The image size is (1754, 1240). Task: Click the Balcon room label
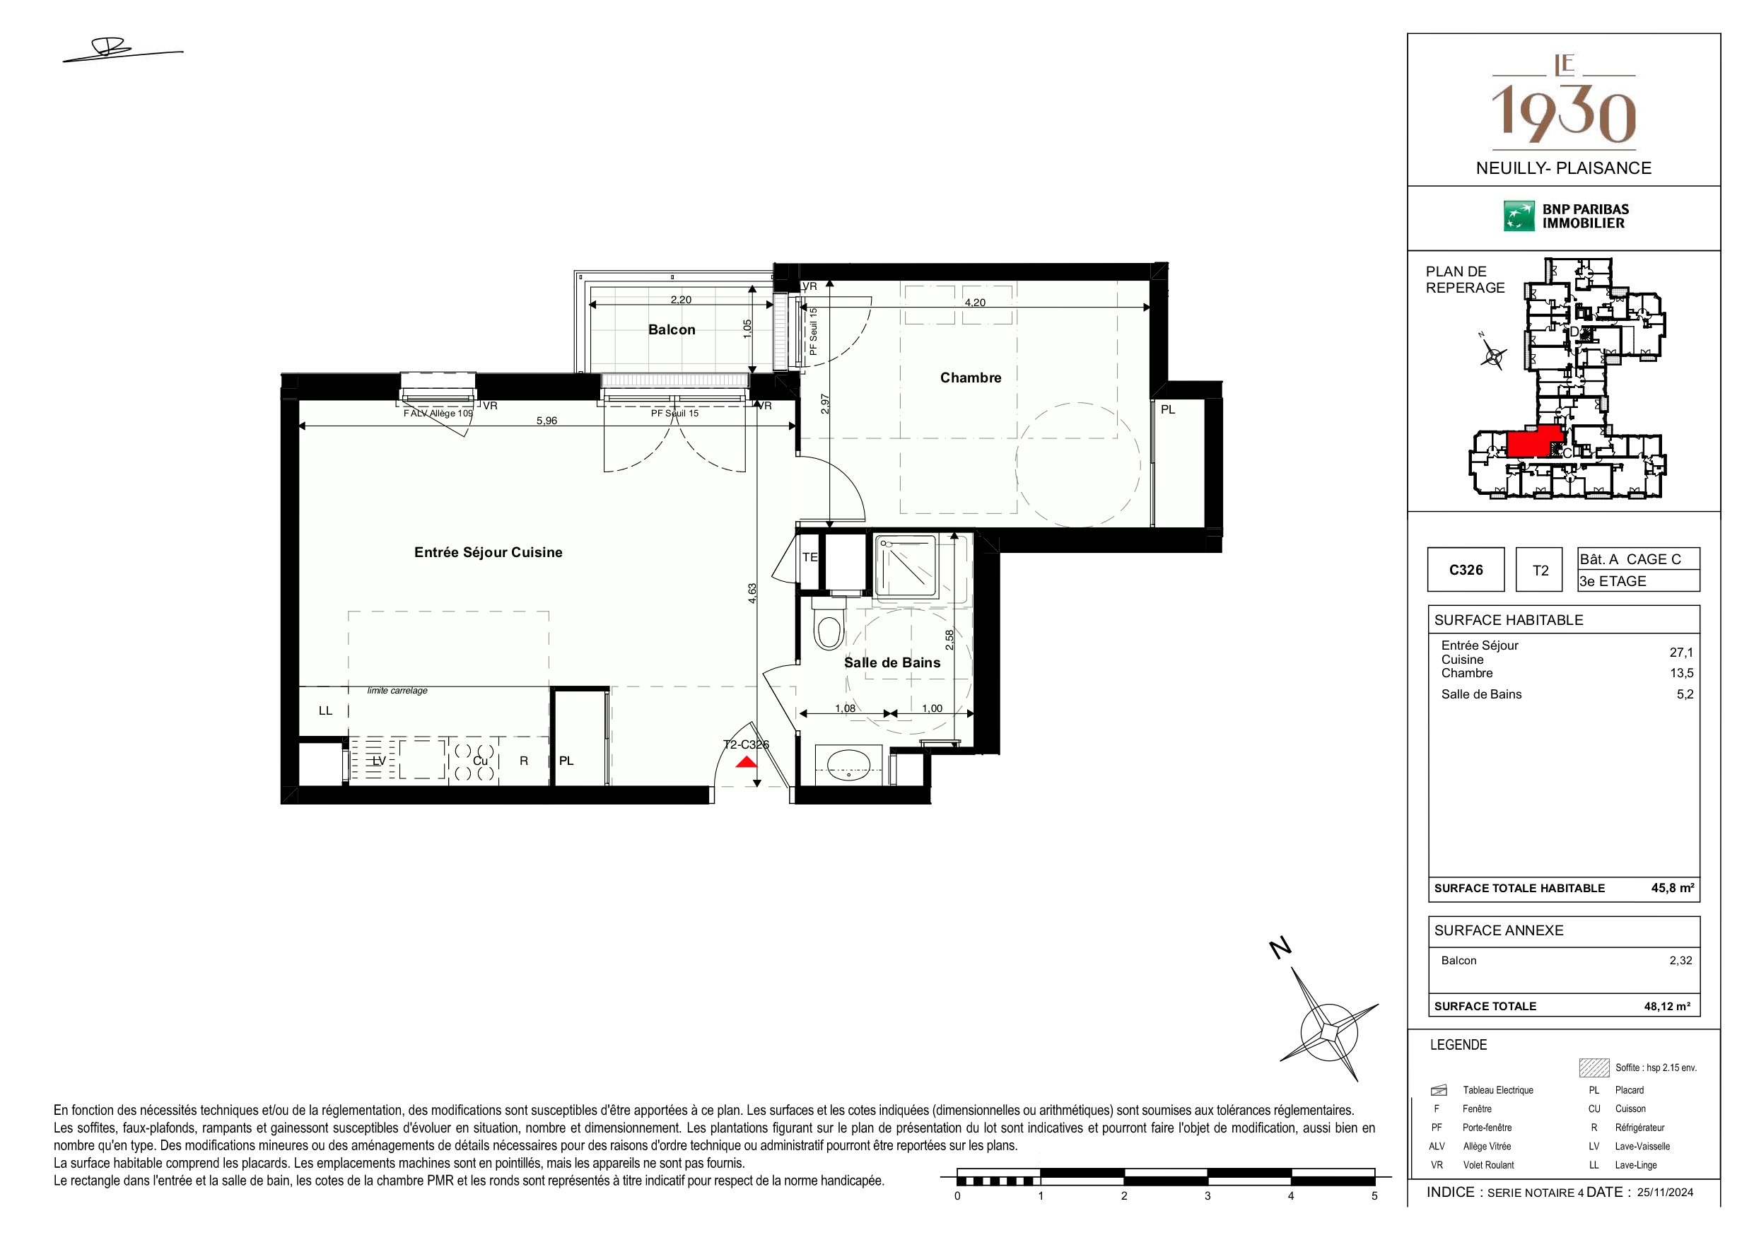click(672, 330)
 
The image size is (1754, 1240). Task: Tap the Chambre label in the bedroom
click(970, 378)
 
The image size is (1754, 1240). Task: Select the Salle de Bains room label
click(891, 662)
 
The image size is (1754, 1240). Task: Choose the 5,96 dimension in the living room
click(546, 420)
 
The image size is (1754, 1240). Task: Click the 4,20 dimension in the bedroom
click(975, 303)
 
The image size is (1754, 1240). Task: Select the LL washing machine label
click(325, 710)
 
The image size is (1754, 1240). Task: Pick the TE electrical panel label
click(809, 557)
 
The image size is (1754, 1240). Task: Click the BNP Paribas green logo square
click(1519, 216)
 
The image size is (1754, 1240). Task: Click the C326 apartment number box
click(1466, 569)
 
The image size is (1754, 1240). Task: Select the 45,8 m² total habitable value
click(1672, 888)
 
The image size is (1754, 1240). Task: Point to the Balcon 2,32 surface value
click(1680, 960)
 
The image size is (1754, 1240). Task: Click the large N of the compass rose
click(1280, 948)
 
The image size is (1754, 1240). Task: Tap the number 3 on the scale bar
click(1207, 1195)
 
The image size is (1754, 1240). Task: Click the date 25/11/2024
click(1665, 1193)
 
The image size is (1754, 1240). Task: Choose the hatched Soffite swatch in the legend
click(1594, 1068)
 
